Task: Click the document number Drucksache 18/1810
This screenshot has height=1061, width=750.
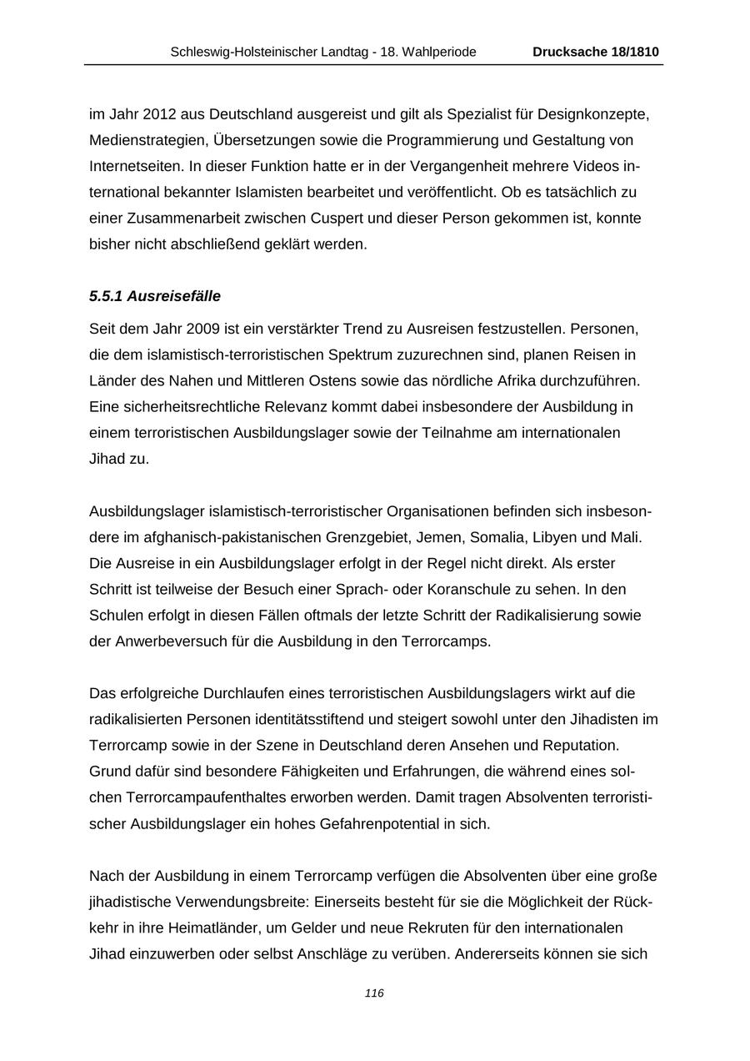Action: [595, 52]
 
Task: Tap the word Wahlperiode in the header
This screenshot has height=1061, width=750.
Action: [438, 52]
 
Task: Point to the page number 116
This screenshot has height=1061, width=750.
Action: [374, 993]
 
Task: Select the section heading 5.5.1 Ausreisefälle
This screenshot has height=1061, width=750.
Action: [155, 296]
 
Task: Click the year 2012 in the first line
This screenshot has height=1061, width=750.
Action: [159, 113]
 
